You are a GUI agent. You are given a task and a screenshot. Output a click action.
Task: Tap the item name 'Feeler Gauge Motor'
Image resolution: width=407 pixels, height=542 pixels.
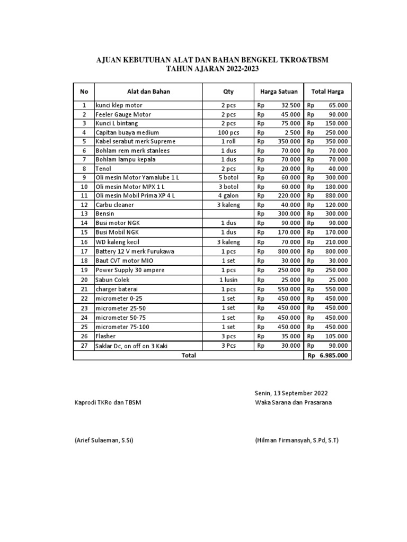[x=123, y=114]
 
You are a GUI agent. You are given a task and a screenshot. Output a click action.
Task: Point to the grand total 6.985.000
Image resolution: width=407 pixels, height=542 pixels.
[x=333, y=356]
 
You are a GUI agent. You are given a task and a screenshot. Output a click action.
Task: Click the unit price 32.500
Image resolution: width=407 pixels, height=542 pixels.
[x=291, y=105]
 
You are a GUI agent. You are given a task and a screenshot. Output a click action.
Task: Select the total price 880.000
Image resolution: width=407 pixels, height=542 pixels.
[x=337, y=196]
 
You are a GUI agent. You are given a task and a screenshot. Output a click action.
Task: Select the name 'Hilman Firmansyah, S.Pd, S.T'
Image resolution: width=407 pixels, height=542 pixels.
[x=296, y=440]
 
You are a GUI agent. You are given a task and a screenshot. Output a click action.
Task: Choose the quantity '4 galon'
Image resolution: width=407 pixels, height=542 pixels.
[x=228, y=196]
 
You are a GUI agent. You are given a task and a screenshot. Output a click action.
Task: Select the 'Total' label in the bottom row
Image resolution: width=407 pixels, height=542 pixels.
[x=189, y=356]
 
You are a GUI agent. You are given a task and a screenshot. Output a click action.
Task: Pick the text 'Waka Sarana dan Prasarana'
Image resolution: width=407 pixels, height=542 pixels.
[x=293, y=403]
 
